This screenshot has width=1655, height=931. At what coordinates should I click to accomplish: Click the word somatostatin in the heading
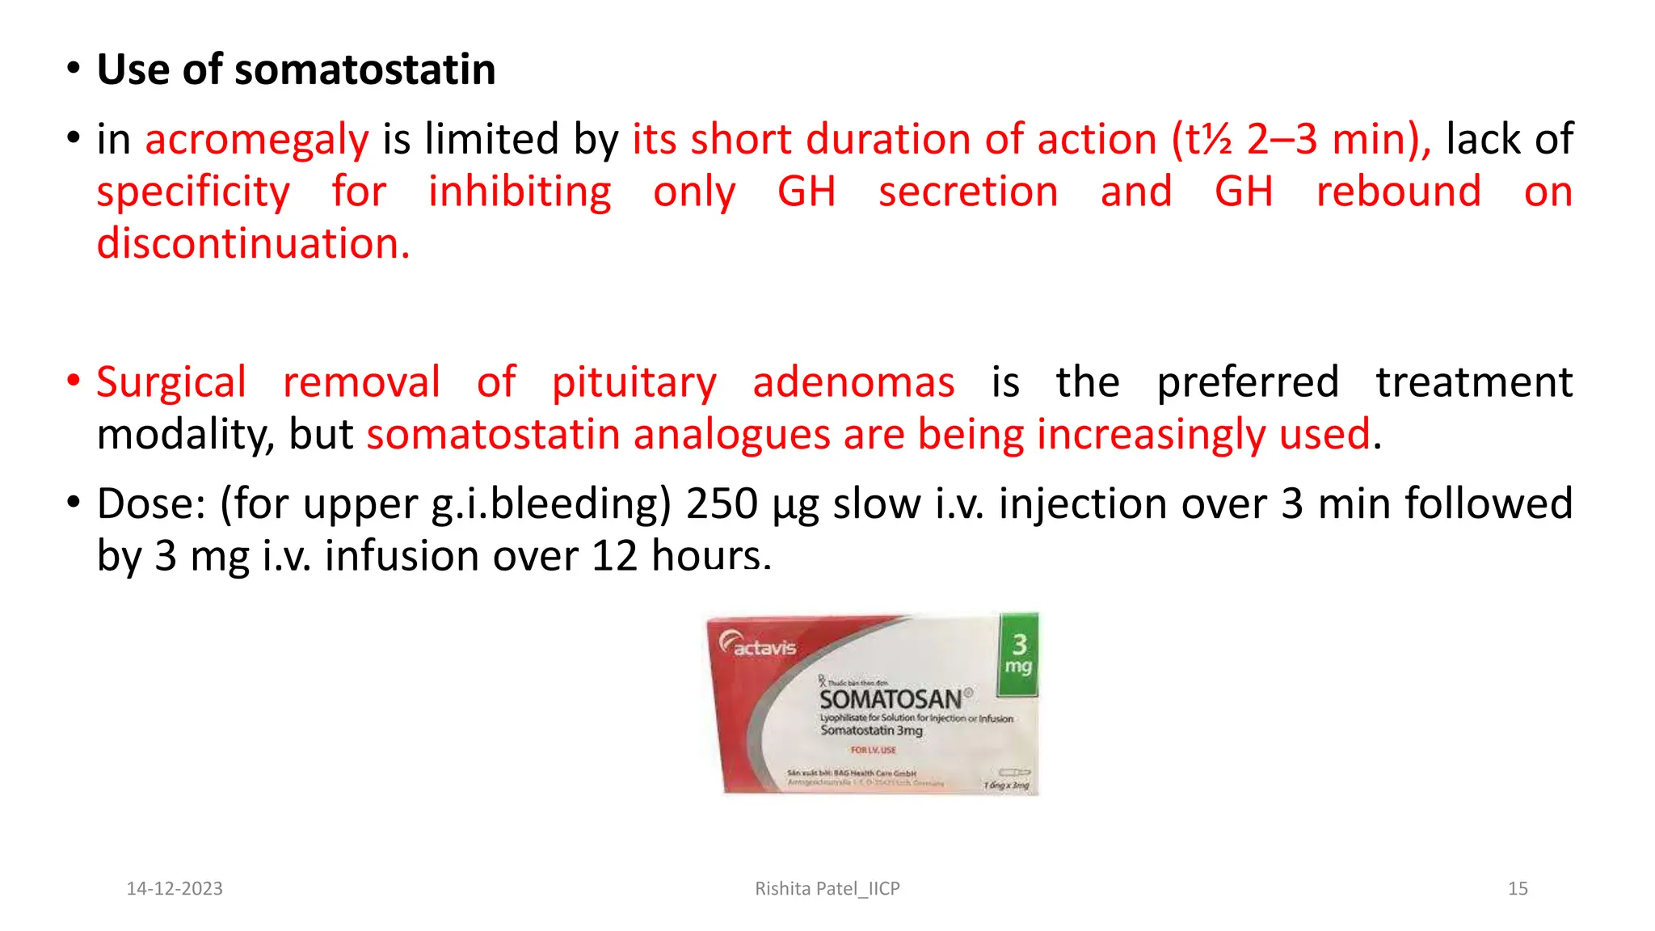click(x=364, y=70)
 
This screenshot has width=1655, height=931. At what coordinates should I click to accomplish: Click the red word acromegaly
click(x=256, y=139)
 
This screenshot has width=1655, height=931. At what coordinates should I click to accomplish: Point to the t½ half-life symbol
click(x=1208, y=139)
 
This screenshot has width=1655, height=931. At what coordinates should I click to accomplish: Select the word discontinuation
click(x=253, y=243)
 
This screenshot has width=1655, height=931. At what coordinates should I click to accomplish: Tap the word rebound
click(x=1398, y=192)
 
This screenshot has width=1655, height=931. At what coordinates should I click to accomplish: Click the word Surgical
click(x=171, y=381)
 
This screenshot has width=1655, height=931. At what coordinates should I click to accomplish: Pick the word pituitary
click(x=634, y=381)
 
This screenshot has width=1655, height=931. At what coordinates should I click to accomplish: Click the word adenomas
click(x=853, y=381)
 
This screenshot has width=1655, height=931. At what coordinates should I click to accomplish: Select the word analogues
click(x=731, y=434)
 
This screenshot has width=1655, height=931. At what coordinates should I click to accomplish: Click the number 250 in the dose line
click(x=722, y=503)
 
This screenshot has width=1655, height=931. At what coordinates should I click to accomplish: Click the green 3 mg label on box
click(x=1018, y=655)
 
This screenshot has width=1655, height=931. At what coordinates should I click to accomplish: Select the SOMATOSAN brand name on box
click(x=891, y=699)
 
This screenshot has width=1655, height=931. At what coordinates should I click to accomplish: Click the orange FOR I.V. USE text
click(x=873, y=750)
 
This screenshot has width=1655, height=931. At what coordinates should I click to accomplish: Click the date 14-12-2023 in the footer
click(x=175, y=888)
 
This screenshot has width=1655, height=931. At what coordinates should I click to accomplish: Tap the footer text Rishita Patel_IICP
click(x=827, y=888)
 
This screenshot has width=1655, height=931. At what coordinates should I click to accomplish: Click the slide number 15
click(x=1517, y=888)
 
